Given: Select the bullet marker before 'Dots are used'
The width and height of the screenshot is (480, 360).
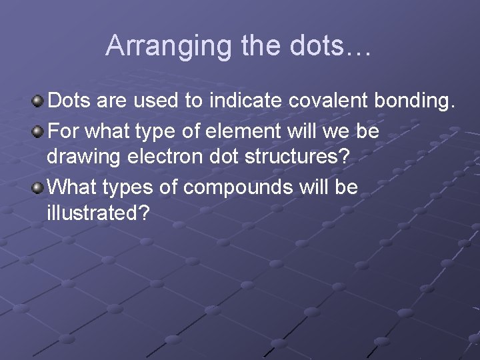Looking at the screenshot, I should pyautogui.click(x=39, y=101).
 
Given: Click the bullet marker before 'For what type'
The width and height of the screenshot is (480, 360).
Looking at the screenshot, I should pyautogui.click(x=39, y=130).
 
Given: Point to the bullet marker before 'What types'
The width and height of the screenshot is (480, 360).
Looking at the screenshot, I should pyautogui.click(x=39, y=187).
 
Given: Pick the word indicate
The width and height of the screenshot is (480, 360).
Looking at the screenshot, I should pyautogui.click(x=247, y=101).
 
